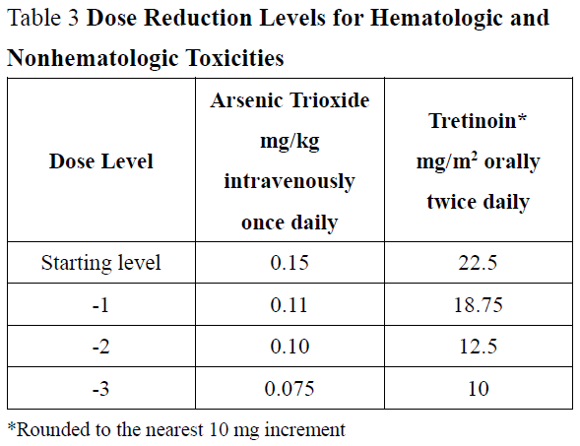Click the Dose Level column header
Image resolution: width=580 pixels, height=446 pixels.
(101, 161)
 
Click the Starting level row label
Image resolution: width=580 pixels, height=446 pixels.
(100, 263)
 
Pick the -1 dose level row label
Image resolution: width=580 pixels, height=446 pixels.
(100, 305)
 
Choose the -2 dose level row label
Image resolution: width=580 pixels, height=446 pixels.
(100, 347)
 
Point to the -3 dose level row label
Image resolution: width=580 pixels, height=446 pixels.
(100, 388)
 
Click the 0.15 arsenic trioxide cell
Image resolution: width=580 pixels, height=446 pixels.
(290, 263)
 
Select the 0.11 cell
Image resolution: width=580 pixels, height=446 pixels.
(290, 305)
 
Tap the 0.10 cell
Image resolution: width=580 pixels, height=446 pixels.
(290, 347)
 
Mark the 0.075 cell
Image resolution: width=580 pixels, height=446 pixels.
(290, 388)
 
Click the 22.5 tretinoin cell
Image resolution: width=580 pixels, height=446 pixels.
(478, 263)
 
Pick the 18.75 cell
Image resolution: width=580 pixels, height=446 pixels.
(478, 305)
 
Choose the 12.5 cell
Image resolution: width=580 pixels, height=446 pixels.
(478, 347)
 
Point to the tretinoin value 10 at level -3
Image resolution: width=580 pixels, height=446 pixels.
(478, 388)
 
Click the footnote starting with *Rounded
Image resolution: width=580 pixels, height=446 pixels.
(176, 428)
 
